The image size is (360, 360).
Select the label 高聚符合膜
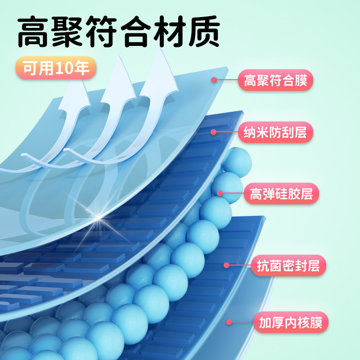click(x=275, y=81)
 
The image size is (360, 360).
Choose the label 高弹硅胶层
click(x=281, y=194)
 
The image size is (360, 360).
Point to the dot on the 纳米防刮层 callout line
click(x=214, y=132)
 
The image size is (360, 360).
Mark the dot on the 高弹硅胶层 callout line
click(x=220, y=194)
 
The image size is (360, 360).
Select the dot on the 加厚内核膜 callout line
click(x=229, y=322)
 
